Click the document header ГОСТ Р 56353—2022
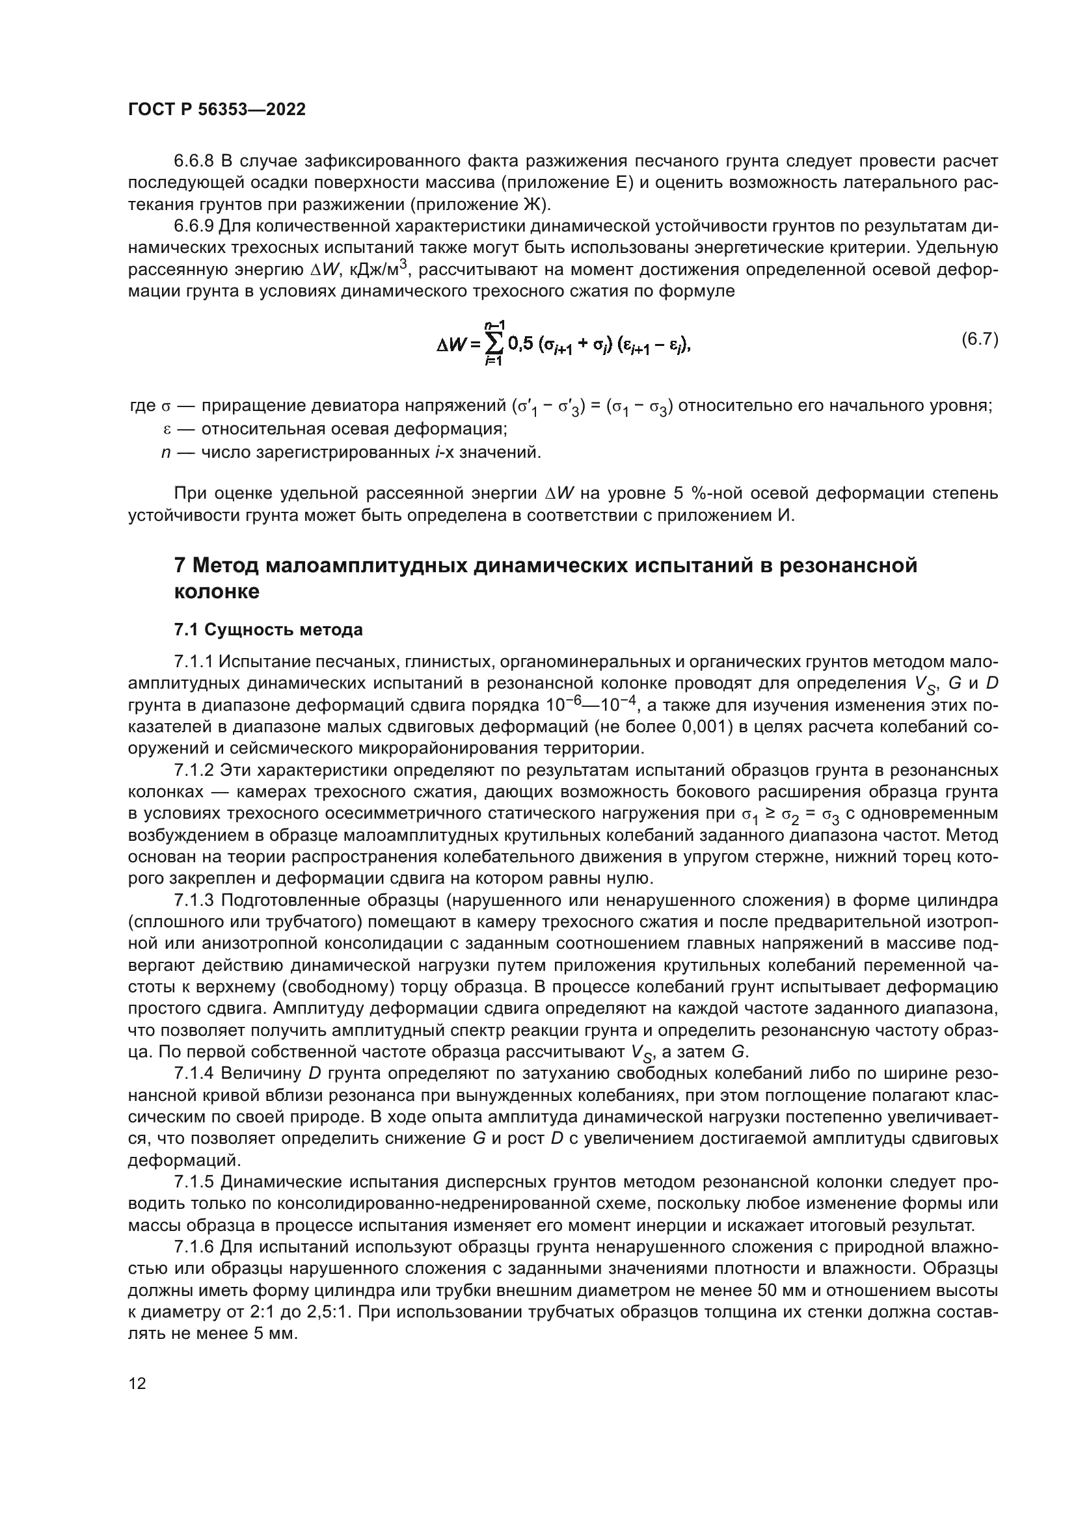(x=217, y=110)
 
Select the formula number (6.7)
(x=979, y=340)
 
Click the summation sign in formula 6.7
(x=494, y=344)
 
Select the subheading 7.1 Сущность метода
(x=268, y=629)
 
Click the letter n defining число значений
(x=167, y=453)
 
